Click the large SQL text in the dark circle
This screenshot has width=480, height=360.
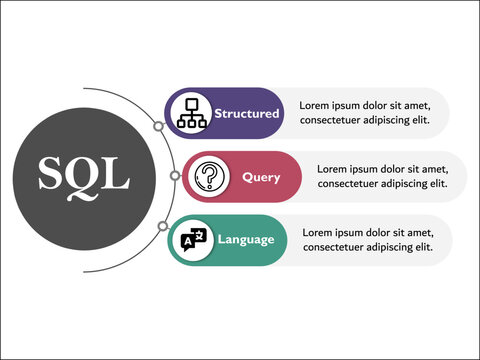tap(84, 176)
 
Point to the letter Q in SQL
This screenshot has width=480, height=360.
tap(83, 177)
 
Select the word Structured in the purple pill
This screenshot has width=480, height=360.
tap(246, 114)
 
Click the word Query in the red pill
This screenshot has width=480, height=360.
tap(261, 178)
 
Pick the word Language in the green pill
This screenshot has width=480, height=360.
tap(245, 240)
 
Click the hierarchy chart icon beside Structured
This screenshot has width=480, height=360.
tap(191, 113)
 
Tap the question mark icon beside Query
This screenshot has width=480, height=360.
tap(209, 177)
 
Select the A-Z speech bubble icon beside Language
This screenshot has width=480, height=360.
tap(193, 240)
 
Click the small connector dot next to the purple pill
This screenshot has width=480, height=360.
tap(158, 127)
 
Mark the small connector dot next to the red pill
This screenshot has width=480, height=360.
tap(176, 176)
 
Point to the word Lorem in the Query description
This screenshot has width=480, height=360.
tap(333, 169)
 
